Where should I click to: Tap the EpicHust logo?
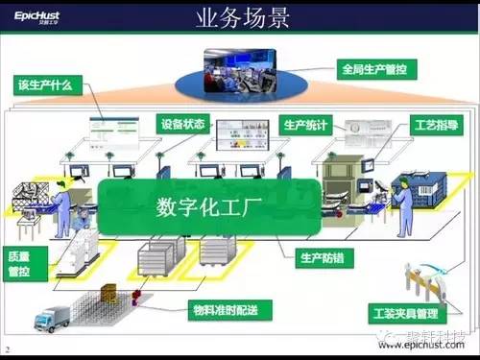click(x=37, y=16)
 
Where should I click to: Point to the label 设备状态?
click(x=182, y=124)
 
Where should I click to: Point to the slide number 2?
click(x=8, y=348)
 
